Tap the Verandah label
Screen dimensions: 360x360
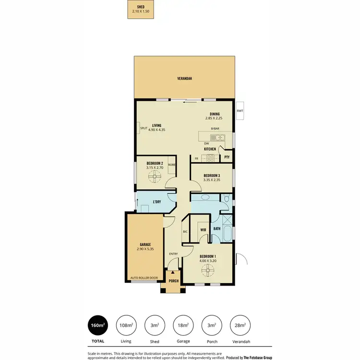coord(185,78)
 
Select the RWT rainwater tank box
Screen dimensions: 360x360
coord(240,111)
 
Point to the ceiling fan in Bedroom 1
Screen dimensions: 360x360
coord(208,272)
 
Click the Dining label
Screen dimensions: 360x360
coord(215,114)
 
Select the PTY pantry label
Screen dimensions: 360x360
coord(227,157)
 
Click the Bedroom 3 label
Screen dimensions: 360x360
coord(212,176)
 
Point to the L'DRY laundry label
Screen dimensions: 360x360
coord(156,202)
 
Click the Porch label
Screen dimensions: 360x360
coord(173,281)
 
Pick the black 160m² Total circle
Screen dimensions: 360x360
coord(97,325)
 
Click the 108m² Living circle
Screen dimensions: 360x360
coord(125,325)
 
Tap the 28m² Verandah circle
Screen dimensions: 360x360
coord(239,325)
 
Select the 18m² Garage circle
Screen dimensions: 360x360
coord(182,325)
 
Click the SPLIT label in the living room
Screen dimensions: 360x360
coord(143,128)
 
